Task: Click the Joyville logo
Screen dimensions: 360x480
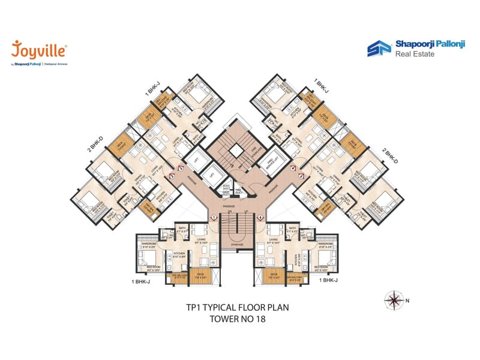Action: pyautogui.click(x=38, y=50)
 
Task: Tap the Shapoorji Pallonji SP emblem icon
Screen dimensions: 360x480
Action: pyautogui.click(x=378, y=48)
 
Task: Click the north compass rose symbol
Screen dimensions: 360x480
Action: pyautogui.click(x=393, y=298)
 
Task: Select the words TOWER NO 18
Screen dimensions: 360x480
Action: pyautogui.click(x=237, y=319)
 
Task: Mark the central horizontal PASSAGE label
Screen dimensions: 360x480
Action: pyautogui.click(x=237, y=206)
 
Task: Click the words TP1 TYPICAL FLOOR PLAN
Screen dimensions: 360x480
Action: pyautogui.click(x=237, y=307)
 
